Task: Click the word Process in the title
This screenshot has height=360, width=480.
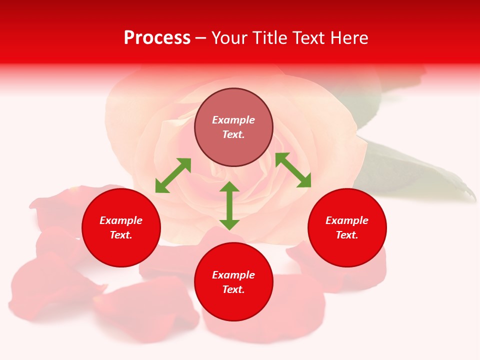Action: point(157,37)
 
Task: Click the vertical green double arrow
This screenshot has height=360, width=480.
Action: point(229,205)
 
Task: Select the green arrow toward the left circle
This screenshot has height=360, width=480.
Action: point(173,175)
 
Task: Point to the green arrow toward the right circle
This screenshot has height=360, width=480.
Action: point(293,170)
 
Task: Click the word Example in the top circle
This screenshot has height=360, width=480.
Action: point(233,120)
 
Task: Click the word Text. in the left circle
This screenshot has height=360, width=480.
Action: point(121,235)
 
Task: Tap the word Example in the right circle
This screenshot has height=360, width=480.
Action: point(347,220)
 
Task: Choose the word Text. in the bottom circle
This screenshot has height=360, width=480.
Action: point(233,289)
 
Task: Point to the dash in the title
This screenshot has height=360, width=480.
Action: point(201,38)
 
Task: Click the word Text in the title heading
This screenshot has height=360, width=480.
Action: point(307,38)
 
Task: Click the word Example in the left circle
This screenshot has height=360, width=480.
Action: point(121,220)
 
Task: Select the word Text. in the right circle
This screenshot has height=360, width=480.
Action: point(347,235)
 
